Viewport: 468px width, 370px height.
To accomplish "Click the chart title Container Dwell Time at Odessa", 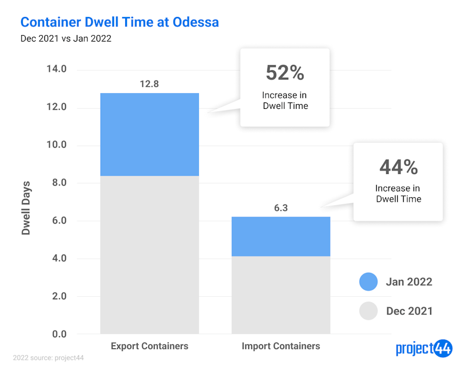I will coord(120,22).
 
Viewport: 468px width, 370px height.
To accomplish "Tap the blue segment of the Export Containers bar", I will coord(149,134).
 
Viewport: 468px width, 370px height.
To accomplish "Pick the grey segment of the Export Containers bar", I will coord(149,255).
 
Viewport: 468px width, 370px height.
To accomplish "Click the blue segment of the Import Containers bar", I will coord(281,237).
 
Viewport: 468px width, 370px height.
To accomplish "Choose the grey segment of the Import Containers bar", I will coord(281,295).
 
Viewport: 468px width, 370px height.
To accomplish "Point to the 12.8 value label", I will coord(149,84).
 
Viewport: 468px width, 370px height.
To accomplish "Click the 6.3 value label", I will coord(281,208).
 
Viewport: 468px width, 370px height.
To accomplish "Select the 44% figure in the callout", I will coord(398,167).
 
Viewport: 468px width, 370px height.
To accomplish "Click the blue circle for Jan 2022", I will coord(369,282).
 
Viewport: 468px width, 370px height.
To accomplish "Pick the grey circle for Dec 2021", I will coord(369,311).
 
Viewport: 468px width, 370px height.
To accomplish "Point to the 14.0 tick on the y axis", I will coord(57,69).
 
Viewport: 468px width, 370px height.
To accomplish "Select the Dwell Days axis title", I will coord(26,208).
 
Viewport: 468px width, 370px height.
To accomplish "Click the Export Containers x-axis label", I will coord(149,346).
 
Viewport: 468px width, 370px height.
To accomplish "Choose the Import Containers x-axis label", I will coord(281,346).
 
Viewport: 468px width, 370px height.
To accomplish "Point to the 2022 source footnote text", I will coord(49,358).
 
